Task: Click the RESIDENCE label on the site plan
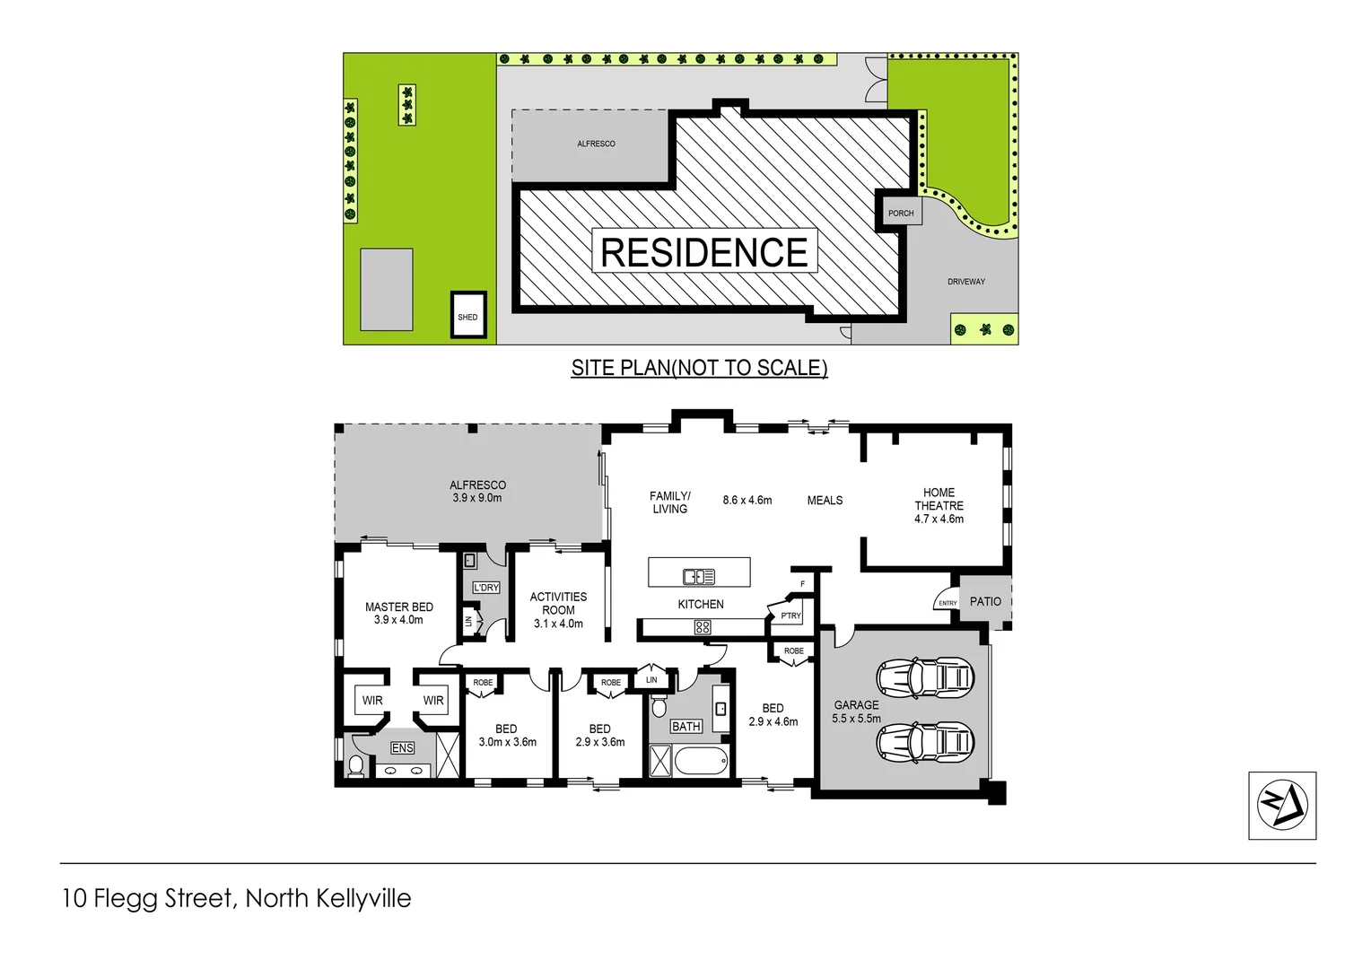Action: click(x=703, y=252)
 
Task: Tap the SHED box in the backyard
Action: click(x=467, y=315)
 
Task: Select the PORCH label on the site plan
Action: click(x=900, y=214)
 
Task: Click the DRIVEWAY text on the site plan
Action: click(x=965, y=282)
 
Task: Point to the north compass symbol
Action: click(x=1281, y=805)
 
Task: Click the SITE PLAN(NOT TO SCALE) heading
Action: click(x=699, y=368)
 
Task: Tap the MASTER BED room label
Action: click(x=398, y=614)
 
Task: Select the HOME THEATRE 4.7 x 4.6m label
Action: click(x=939, y=505)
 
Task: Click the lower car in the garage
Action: click(x=925, y=741)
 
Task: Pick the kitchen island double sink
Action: click(x=699, y=577)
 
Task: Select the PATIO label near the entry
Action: click(x=985, y=601)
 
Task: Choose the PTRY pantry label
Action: click(x=790, y=615)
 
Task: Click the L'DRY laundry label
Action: click(x=485, y=588)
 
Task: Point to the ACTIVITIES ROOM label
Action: click(x=558, y=610)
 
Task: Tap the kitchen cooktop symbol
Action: click(x=702, y=628)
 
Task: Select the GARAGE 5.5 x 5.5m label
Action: click(x=856, y=711)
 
